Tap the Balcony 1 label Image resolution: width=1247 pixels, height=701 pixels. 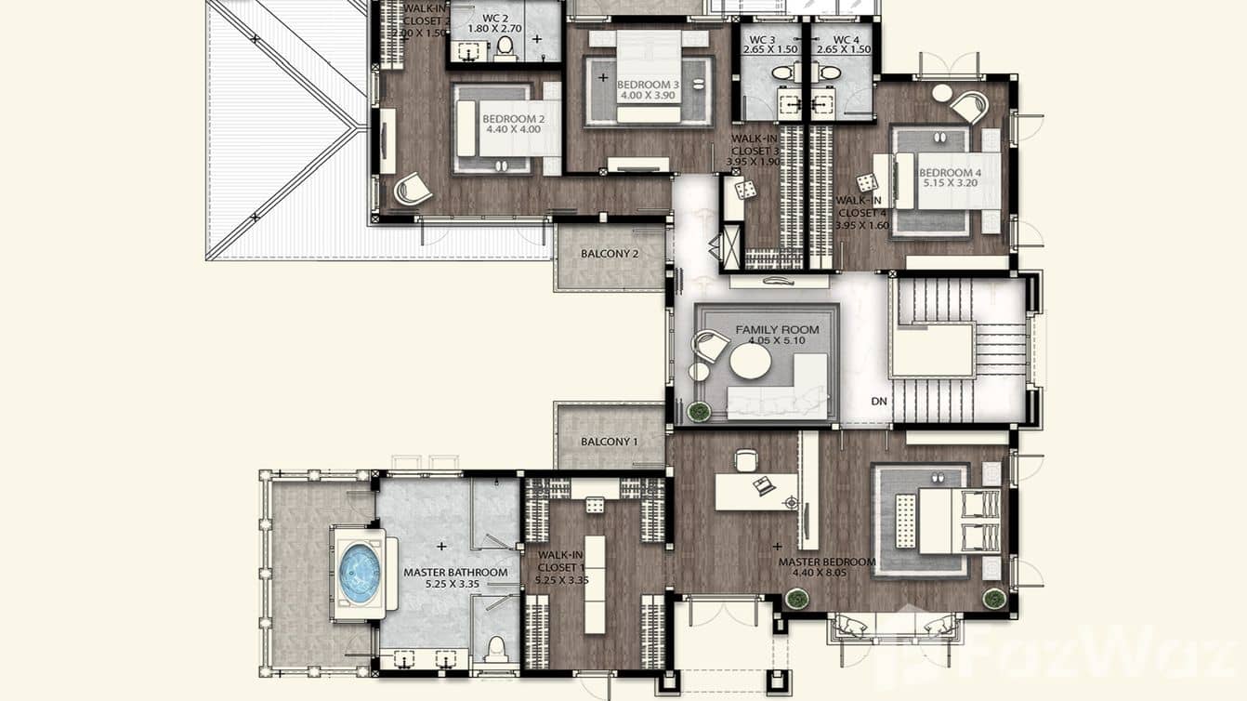(610, 442)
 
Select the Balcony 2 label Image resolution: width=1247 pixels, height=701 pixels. (610, 254)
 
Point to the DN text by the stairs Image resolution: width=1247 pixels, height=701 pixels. (879, 402)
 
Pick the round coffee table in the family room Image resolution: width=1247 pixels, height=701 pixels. (750, 363)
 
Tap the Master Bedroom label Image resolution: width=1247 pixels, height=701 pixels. (827, 562)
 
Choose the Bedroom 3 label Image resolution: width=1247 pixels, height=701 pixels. (649, 85)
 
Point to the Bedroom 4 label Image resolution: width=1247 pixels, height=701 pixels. (950, 173)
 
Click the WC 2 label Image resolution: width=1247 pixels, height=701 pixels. (495, 19)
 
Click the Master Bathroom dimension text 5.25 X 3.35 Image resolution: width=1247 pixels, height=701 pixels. (454, 585)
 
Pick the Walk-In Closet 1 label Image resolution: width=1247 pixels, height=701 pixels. (561, 561)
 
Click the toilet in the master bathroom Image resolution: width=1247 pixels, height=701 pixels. (495, 646)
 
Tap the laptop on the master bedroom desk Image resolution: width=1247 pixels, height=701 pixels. (765, 485)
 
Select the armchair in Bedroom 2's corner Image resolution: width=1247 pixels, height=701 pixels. (412, 190)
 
